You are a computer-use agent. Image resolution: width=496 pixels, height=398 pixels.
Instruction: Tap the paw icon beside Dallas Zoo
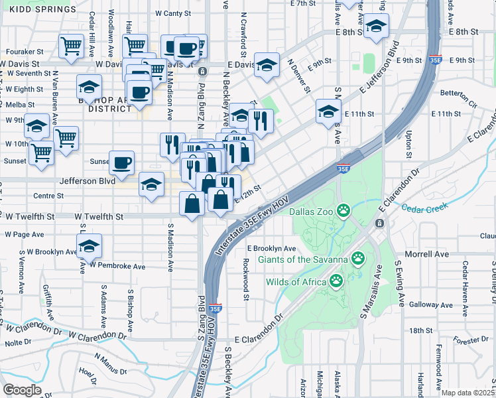tap(343, 212)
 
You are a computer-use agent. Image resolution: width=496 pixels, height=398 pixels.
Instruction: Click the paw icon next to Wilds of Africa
tap(336, 281)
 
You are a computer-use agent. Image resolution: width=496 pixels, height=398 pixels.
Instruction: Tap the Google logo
tap(22, 389)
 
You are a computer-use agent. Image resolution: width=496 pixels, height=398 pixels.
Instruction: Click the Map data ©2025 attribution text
tap(468, 393)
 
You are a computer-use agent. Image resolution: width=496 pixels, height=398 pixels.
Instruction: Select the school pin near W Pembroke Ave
tap(89, 246)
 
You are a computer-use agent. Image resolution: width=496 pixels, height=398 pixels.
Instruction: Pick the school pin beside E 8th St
tap(376, 26)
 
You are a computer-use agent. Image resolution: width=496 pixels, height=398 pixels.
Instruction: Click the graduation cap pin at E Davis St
tap(267, 64)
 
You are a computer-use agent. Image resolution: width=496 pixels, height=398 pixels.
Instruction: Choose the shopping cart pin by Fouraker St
tap(72, 46)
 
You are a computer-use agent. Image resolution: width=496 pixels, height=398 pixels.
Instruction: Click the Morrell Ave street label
tap(426, 254)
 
